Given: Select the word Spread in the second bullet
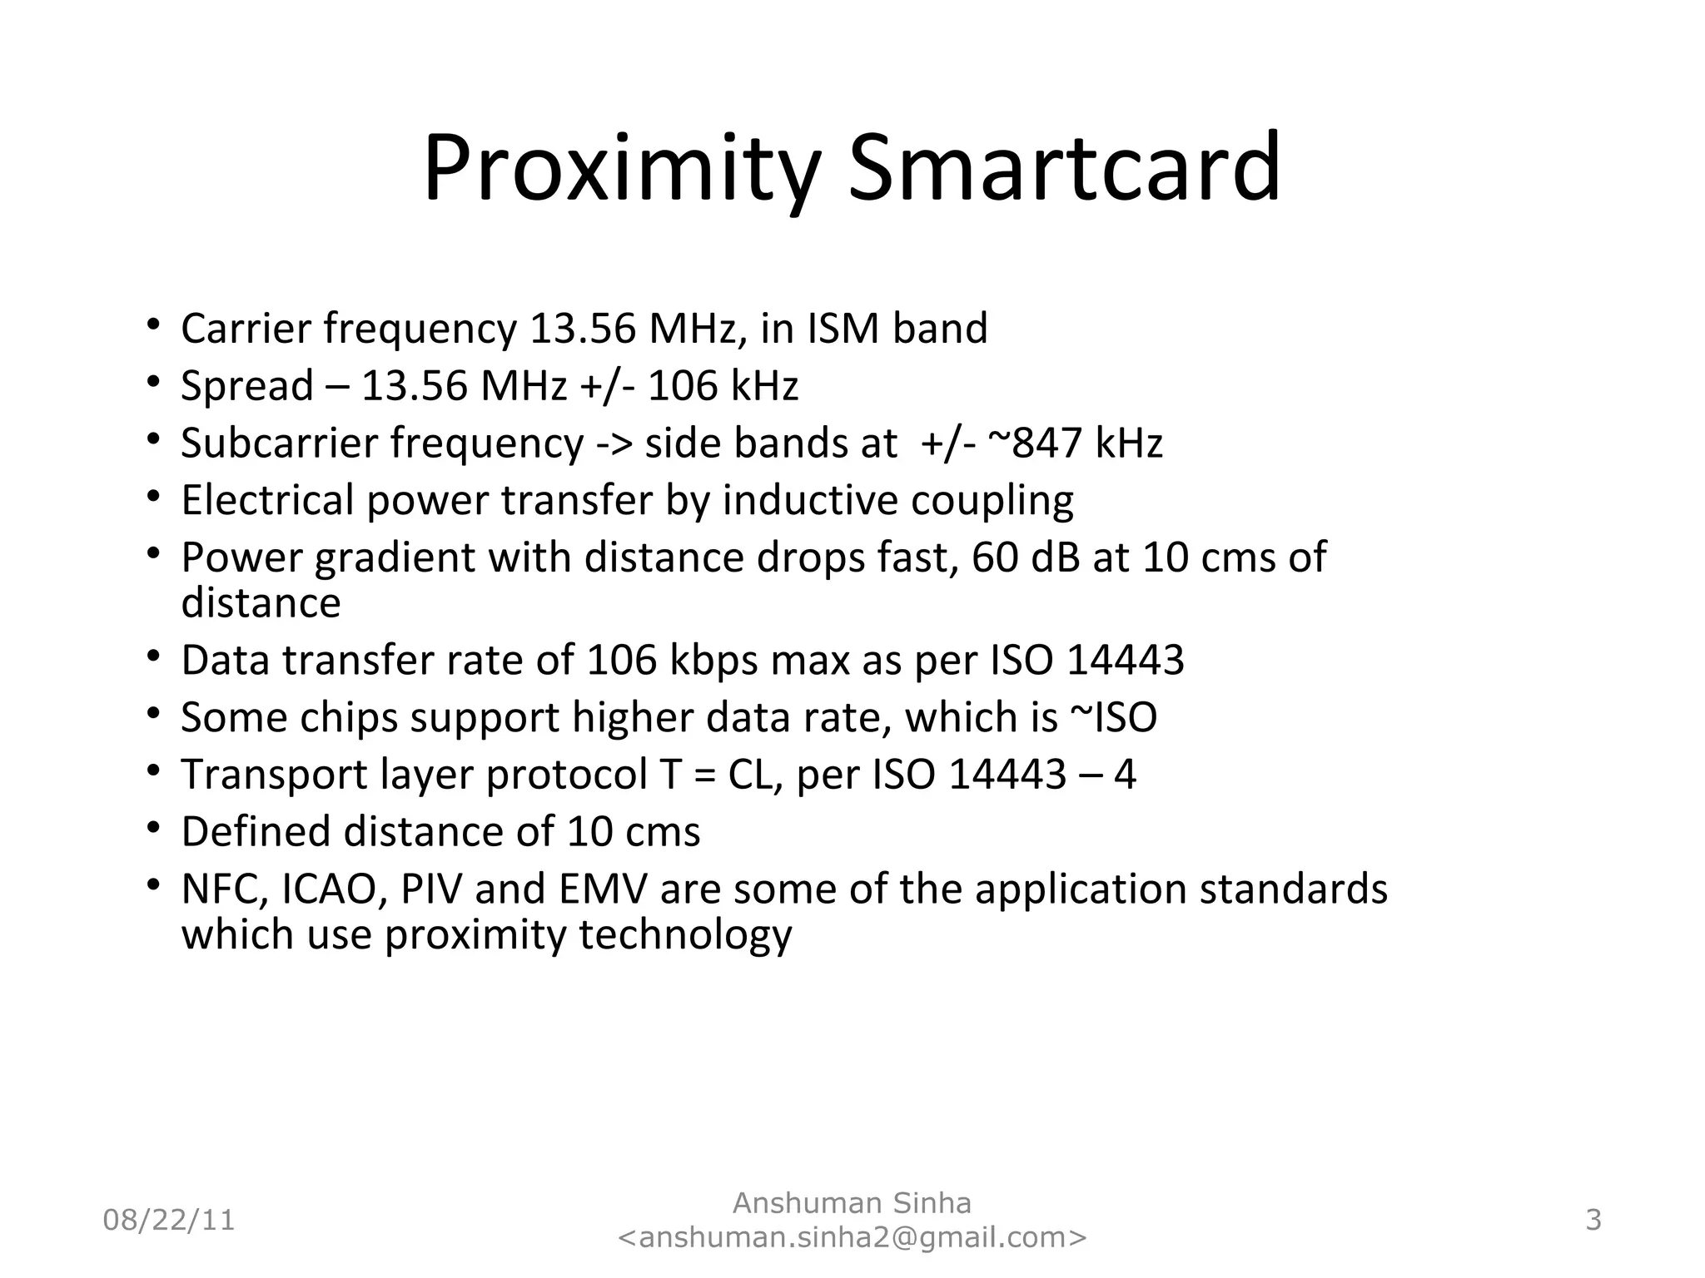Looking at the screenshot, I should tap(247, 386).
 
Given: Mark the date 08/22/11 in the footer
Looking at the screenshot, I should tap(169, 1221).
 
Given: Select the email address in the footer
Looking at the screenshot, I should tap(852, 1237).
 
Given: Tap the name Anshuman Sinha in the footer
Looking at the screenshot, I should tap(852, 1203).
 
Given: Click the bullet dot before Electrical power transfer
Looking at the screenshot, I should tap(152, 497).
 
